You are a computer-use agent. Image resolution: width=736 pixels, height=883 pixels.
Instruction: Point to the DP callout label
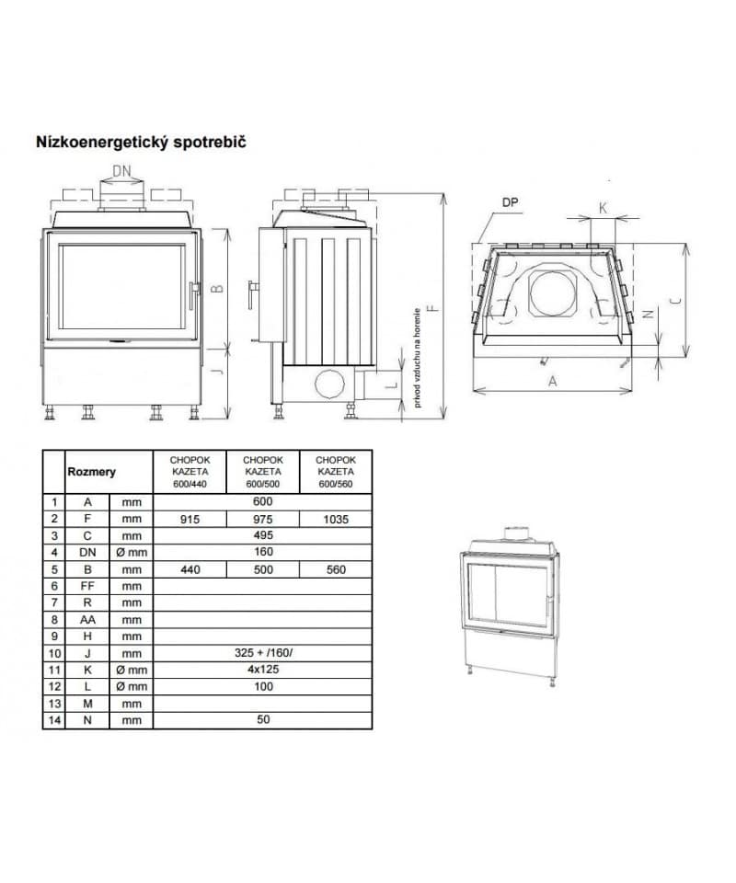point(512,201)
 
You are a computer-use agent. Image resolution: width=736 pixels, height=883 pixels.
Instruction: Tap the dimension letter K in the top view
point(603,208)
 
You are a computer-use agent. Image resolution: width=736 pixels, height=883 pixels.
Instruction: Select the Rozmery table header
point(91,472)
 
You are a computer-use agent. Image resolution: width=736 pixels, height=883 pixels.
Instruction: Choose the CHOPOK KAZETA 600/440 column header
point(189,472)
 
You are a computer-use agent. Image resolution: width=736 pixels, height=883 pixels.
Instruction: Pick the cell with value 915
point(189,519)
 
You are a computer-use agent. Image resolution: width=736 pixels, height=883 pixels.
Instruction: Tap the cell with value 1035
point(336,519)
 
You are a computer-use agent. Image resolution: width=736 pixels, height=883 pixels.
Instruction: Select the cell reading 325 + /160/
point(263,653)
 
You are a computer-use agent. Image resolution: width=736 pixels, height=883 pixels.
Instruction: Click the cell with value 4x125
point(263,670)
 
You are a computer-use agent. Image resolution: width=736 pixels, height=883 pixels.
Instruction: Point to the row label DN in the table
point(87,553)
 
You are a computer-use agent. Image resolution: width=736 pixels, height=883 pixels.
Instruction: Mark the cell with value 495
point(263,535)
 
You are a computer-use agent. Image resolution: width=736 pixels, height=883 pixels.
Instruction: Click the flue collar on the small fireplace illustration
point(514,533)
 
